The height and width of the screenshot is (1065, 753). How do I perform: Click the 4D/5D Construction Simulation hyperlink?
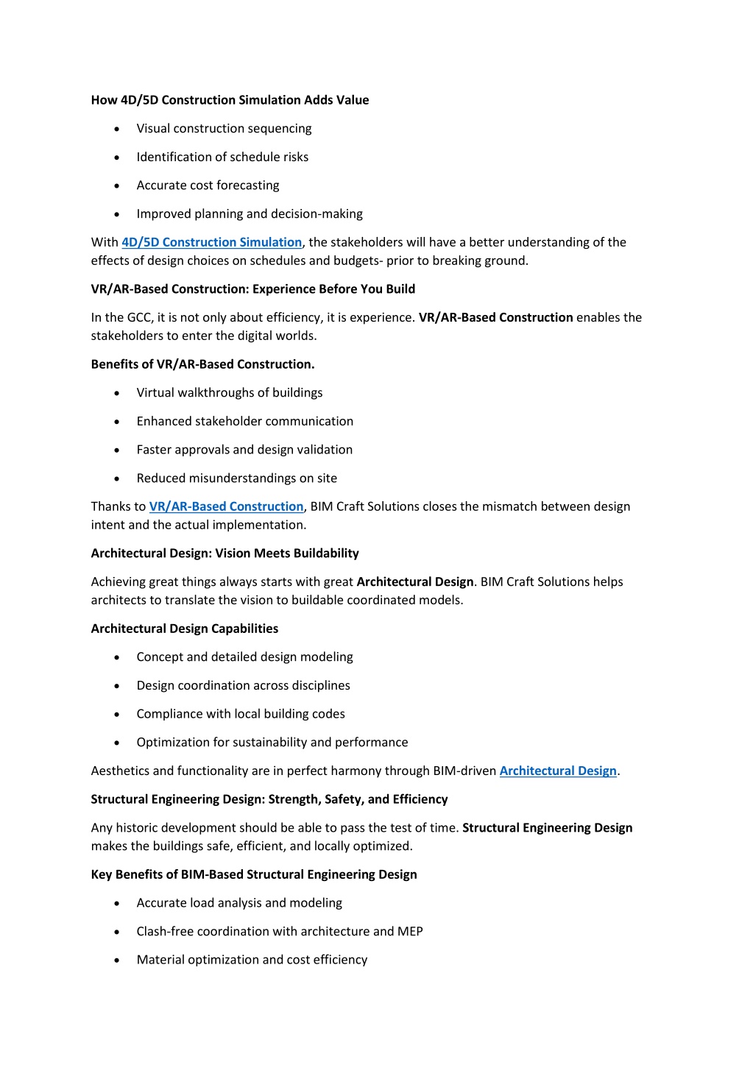click(x=211, y=242)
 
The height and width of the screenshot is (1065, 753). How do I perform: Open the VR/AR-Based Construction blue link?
click(x=226, y=506)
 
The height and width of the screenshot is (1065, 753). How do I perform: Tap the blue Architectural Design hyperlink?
click(x=558, y=771)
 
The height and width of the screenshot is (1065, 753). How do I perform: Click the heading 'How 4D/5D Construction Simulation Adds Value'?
click(x=230, y=100)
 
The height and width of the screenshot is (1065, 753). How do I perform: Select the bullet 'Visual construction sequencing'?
click(x=224, y=129)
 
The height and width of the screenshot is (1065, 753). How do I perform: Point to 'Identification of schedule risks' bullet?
click(x=222, y=157)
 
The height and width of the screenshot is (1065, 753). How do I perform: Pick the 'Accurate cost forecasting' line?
click(x=208, y=185)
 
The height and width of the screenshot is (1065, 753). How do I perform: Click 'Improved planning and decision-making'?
click(x=250, y=214)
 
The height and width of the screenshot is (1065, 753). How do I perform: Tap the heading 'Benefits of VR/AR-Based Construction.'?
click(x=202, y=364)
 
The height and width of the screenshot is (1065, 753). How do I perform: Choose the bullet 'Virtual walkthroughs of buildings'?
click(x=229, y=393)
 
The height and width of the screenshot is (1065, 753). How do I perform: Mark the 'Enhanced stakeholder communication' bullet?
click(x=244, y=421)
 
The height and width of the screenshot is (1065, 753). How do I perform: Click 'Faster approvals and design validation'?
click(x=244, y=450)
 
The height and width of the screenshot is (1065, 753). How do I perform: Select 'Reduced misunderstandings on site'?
click(x=236, y=478)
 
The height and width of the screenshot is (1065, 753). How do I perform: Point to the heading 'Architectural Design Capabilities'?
click(x=184, y=629)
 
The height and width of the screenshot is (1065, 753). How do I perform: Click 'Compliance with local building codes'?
click(x=240, y=714)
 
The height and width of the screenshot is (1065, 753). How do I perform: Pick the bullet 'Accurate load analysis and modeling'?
click(x=239, y=903)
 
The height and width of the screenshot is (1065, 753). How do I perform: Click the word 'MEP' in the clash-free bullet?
click(x=410, y=932)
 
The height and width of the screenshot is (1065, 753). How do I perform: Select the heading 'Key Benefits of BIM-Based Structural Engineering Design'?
click(x=253, y=874)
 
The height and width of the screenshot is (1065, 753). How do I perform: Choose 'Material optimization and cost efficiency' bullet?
click(x=252, y=960)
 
